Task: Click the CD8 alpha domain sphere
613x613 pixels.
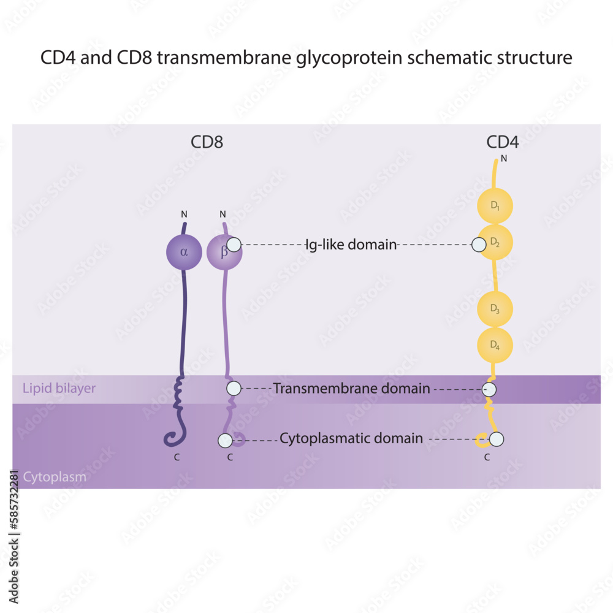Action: point(184,252)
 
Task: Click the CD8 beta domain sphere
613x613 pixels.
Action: point(223,252)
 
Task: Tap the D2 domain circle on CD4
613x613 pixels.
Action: point(496,243)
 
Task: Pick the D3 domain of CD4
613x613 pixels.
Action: point(495,310)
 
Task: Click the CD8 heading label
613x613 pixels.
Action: point(207,142)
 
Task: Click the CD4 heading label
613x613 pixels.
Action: point(503,142)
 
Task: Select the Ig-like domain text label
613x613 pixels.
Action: point(351,245)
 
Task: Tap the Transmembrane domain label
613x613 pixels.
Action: point(351,389)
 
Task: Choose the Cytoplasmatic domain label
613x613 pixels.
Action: point(351,439)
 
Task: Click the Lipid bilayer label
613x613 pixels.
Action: point(59,388)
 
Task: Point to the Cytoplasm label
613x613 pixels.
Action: point(55,476)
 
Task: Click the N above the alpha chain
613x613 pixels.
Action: point(183,215)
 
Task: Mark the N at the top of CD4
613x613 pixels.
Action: point(504,159)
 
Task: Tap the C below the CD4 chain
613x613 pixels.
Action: point(487,457)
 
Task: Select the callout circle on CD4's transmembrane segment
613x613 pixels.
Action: point(489,389)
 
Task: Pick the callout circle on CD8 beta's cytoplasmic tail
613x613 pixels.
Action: point(225,440)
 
